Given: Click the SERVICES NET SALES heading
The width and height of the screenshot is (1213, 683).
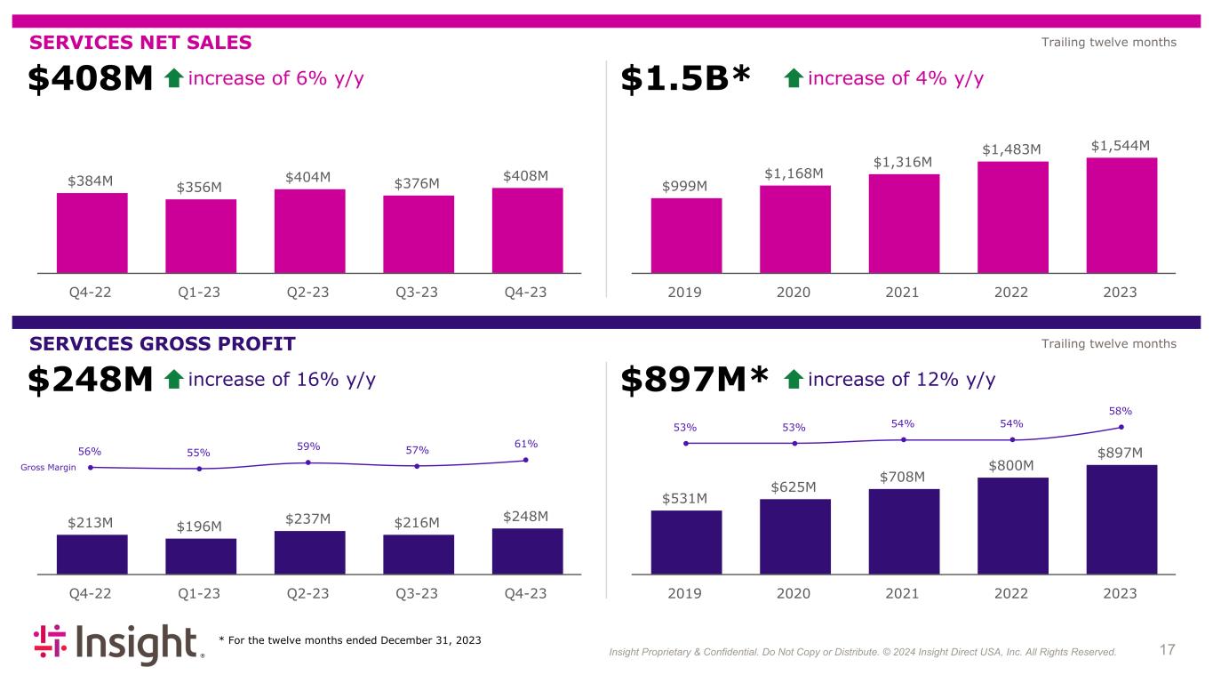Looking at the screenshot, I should pyautogui.click(x=141, y=43).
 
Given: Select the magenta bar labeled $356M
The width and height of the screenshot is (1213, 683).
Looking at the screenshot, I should pyautogui.click(x=201, y=235).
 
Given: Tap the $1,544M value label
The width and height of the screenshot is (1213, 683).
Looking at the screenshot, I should pyautogui.click(x=1121, y=145).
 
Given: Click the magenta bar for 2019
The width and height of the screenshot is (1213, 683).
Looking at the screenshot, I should pyautogui.click(x=686, y=235).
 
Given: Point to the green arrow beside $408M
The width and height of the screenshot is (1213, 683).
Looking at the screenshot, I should pyautogui.click(x=174, y=80).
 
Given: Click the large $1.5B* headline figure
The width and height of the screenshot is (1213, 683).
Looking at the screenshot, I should pyautogui.click(x=685, y=80).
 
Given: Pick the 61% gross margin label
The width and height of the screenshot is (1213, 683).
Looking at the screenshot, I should pyautogui.click(x=525, y=444).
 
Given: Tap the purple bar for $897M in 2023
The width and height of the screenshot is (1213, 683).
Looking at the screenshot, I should pyautogui.click(x=1121, y=518).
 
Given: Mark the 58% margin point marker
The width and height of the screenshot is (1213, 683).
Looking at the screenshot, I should pyautogui.click(x=1121, y=427).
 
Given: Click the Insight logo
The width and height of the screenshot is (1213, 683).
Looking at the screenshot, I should pyautogui.click(x=119, y=645).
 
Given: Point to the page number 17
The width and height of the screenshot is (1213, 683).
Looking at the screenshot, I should pyautogui.click(x=1168, y=650).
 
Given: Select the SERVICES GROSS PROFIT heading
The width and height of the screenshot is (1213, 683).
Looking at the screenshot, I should pyautogui.click(x=163, y=344).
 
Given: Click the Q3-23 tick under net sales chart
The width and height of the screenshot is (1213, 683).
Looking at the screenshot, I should pyautogui.click(x=418, y=292).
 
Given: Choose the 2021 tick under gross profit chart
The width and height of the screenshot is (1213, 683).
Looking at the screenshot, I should pyautogui.click(x=904, y=593).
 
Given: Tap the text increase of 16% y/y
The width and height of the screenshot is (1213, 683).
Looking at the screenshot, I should pyautogui.click(x=283, y=380).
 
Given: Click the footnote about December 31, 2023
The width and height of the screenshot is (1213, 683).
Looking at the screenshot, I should pyautogui.click(x=350, y=641).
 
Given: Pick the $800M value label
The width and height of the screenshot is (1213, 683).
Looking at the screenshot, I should pyautogui.click(x=1012, y=465).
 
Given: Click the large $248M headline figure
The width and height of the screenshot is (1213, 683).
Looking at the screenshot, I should pyautogui.click(x=92, y=381).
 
